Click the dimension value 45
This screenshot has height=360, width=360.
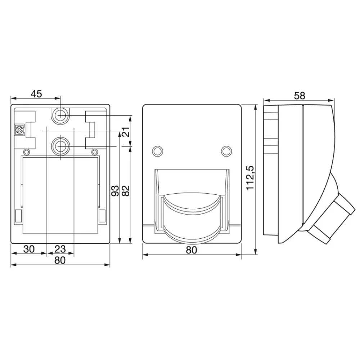click(x=36, y=94)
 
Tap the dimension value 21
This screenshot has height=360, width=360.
click(x=126, y=132)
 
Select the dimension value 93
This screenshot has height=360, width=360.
click(x=115, y=191)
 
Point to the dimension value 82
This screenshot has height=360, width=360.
click(x=126, y=191)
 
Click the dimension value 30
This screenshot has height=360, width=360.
click(x=29, y=249)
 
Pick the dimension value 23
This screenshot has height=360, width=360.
click(x=60, y=249)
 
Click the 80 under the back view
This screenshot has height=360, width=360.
click(x=60, y=260)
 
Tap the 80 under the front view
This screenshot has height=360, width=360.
click(x=192, y=250)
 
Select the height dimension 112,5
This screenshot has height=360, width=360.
click(x=250, y=177)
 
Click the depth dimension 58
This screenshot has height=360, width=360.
click(x=300, y=96)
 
